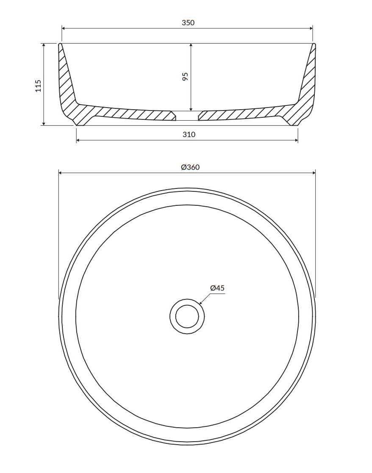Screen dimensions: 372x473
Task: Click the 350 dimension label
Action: click(188, 22)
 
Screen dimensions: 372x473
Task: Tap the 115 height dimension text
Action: click(38, 86)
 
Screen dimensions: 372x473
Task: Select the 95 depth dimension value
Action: click(185, 76)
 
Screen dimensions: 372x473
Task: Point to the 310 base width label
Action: click(189, 134)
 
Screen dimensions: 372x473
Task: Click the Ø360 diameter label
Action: click(190, 167)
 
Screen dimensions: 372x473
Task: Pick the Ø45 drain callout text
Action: click(217, 288)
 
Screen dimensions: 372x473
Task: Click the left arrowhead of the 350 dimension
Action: click(64, 29)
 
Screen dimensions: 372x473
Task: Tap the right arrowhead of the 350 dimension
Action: click(311, 29)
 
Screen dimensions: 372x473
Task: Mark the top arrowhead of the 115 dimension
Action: click(44, 45)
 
